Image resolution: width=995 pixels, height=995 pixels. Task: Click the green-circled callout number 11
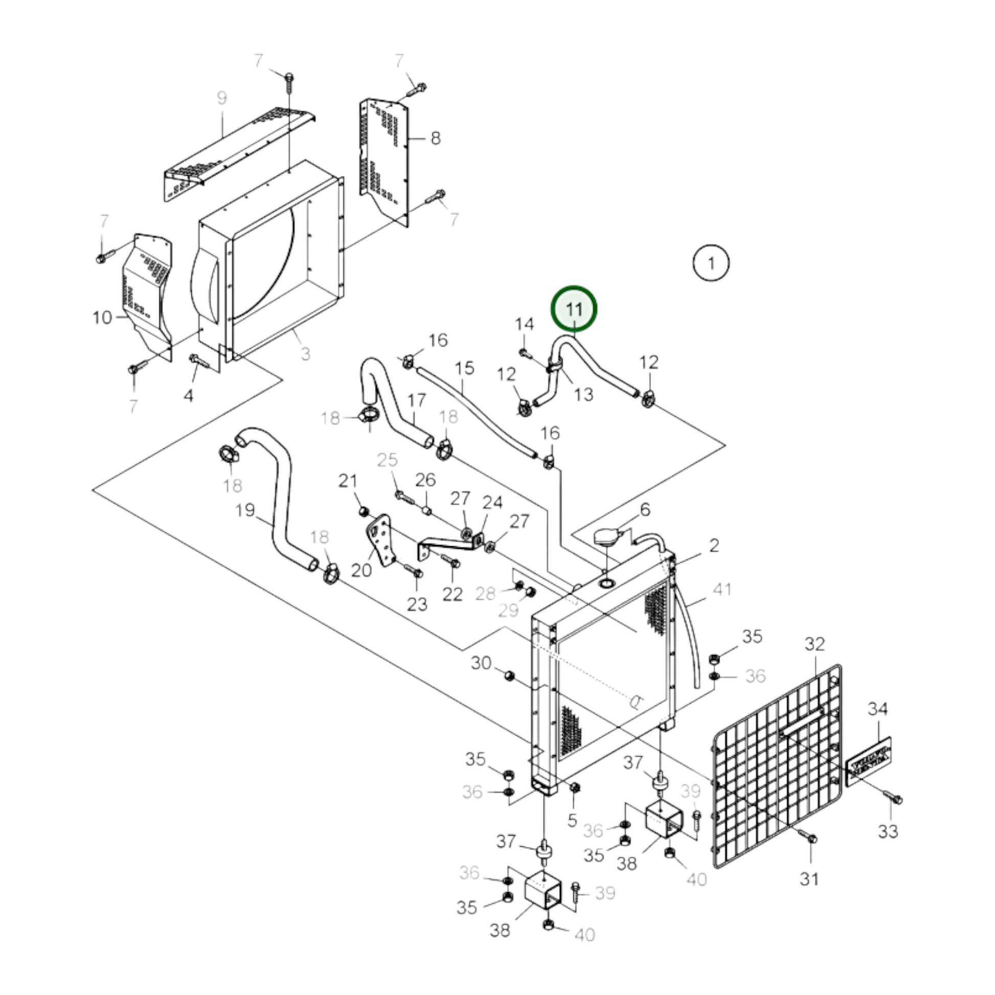coord(574,309)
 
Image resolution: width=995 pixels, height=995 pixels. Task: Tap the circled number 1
coord(711,263)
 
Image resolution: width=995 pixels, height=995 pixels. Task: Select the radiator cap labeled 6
coord(607,537)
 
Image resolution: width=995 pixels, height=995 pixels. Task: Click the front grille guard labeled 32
coord(778,773)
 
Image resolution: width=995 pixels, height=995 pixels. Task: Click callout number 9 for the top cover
coord(221,98)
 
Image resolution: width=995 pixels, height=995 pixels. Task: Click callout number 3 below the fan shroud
coord(305,353)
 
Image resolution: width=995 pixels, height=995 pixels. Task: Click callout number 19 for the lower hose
coord(245,510)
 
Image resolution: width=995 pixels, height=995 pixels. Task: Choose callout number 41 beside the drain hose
coord(721,589)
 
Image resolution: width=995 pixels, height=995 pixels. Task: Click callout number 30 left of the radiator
coord(481,663)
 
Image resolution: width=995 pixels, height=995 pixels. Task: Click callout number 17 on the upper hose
coord(417,400)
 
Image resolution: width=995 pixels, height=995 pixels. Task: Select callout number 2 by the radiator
coord(713,546)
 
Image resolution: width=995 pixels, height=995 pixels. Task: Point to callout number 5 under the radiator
coord(572,821)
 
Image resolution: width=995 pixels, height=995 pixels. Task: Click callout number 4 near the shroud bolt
coord(189,396)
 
